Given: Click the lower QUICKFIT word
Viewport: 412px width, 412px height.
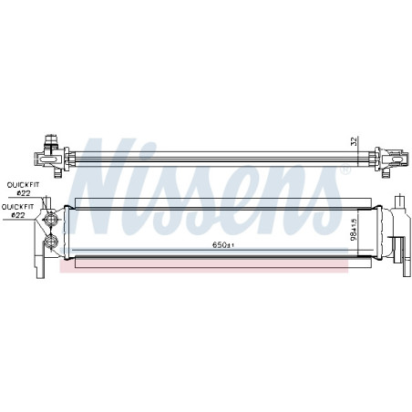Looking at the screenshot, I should (x=16, y=207).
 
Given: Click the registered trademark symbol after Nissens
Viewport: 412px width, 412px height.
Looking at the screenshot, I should (x=345, y=170).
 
